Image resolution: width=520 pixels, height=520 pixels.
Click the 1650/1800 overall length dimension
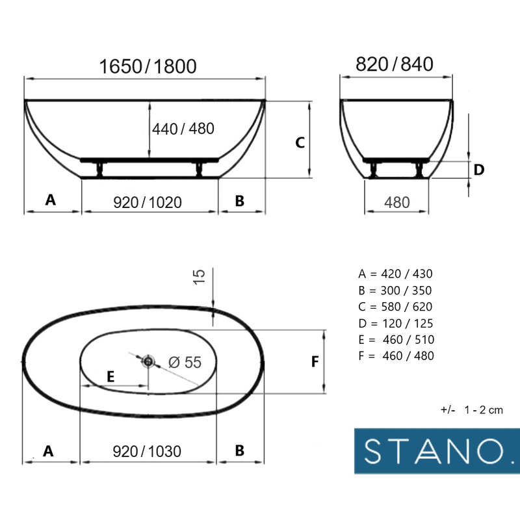[x=148, y=66]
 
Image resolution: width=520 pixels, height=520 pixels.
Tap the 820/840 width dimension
[x=395, y=64]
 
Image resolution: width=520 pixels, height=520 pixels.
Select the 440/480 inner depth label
[x=183, y=129]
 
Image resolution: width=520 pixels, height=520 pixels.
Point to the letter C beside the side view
[x=300, y=142]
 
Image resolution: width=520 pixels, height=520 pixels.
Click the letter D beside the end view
[x=479, y=170]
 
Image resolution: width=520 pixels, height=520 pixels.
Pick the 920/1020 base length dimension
[x=148, y=202]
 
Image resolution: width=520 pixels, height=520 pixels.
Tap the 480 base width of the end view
[x=397, y=202]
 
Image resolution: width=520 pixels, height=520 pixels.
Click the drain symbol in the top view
[x=148, y=361]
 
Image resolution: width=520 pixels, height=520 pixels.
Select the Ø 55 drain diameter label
[x=185, y=362]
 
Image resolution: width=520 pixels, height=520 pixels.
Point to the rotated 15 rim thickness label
[x=199, y=277]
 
